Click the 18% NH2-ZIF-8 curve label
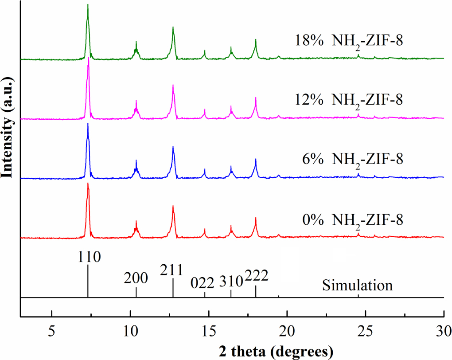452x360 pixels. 349,41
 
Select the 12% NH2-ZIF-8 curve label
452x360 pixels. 349,100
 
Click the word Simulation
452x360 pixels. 357,285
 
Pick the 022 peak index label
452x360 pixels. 203,282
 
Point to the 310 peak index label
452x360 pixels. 231,281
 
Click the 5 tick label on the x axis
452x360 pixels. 52,331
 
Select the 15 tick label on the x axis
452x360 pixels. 209,331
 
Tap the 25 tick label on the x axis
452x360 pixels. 366,331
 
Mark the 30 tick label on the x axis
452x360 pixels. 443,331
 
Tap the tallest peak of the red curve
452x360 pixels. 88,184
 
